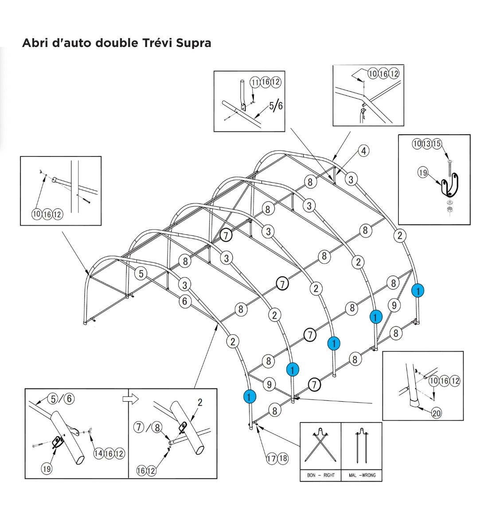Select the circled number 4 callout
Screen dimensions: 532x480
click(x=363, y=151)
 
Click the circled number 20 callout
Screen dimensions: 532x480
click(x=437, y=413)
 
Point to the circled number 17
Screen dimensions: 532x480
click(x=271, y=458)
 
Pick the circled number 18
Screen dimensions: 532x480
click(x=282, y=458)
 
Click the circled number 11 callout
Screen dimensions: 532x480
click(x=255, y=82)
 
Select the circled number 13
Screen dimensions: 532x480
click(x=427, y=144)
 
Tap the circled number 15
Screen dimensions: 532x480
click(x=437, y=144)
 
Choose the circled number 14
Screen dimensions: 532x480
click(x=98, y=453)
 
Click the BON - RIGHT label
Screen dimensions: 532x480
click(x=320, y=475)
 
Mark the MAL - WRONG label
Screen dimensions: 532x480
click(x=362, y=475)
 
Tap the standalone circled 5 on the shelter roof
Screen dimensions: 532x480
click(x=141, y=274)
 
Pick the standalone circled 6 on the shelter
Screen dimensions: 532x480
click(x=185, y=301)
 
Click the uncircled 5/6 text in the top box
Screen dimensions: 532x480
click(x=276, y=106)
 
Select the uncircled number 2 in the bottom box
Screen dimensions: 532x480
click(x=200, y=403)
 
